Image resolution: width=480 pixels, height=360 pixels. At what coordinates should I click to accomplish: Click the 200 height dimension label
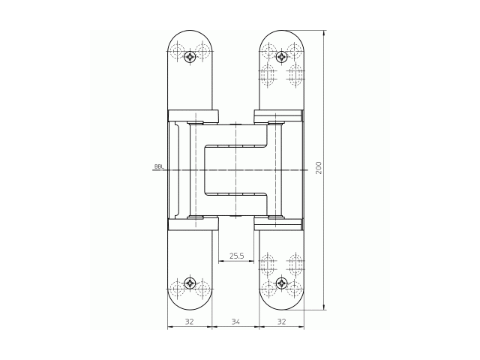click(319, 167)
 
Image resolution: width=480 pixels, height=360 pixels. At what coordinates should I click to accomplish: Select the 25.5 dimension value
click(236, 256)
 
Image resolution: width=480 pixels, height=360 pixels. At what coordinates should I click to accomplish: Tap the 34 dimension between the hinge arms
click(235, 321)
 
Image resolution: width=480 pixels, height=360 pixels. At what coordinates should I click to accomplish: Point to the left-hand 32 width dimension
click(189, 321)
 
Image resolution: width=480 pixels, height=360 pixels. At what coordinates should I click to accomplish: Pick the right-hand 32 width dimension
click(282, 321)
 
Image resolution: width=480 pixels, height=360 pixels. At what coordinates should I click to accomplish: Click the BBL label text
click(158, 166)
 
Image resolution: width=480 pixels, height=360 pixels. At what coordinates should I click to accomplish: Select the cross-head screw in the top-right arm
click(281, 57)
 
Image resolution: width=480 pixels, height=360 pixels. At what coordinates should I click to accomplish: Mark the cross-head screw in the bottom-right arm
click(281, 283)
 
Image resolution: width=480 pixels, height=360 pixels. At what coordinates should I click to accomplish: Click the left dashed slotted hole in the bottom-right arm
click(268, 264)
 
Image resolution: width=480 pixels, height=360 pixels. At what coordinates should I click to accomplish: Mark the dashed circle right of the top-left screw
click(203, 53)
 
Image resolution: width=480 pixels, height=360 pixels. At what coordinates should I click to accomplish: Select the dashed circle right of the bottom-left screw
click(203, 286)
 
